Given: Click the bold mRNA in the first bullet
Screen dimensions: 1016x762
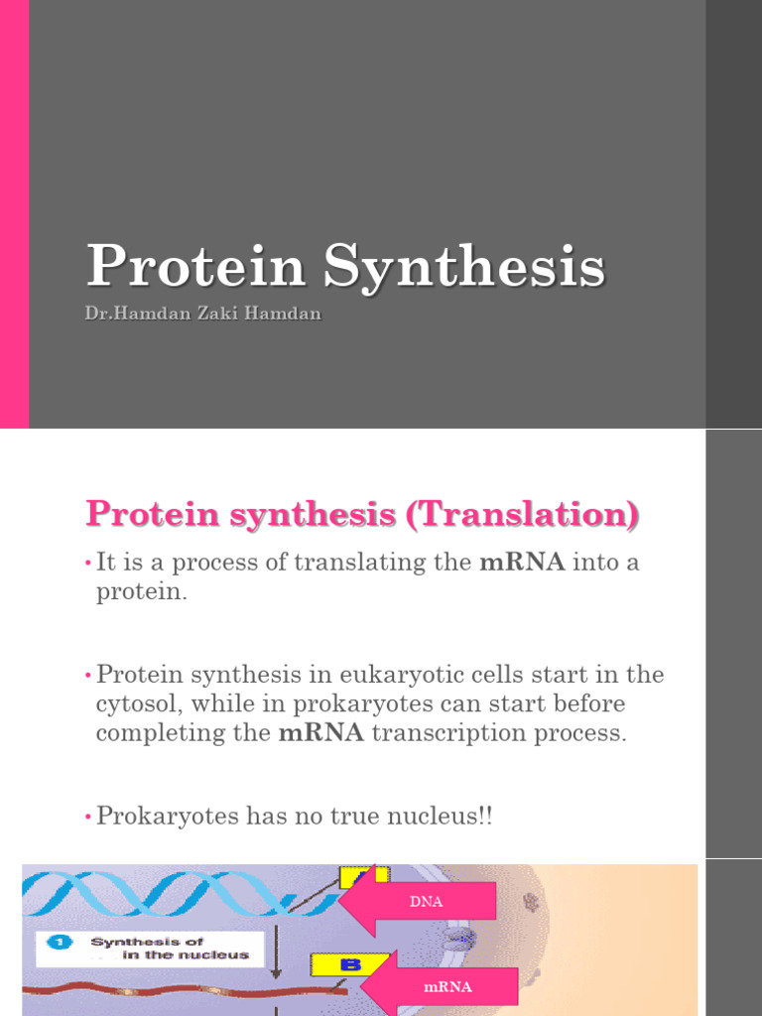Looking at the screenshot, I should pos(522,564).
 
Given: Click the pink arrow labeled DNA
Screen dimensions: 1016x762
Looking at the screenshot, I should pos(422,901).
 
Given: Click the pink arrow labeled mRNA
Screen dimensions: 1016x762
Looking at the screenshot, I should pos(443,986).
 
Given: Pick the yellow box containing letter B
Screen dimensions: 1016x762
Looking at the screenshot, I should pos(334,962).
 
